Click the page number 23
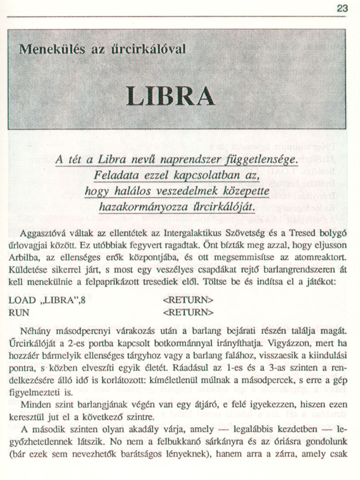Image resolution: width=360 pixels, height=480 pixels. click(343, 8)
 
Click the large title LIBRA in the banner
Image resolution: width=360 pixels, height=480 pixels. click(170, 96)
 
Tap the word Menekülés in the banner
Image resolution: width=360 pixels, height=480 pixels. click(48, 49)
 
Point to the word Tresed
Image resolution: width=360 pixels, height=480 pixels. click(311, 233)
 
